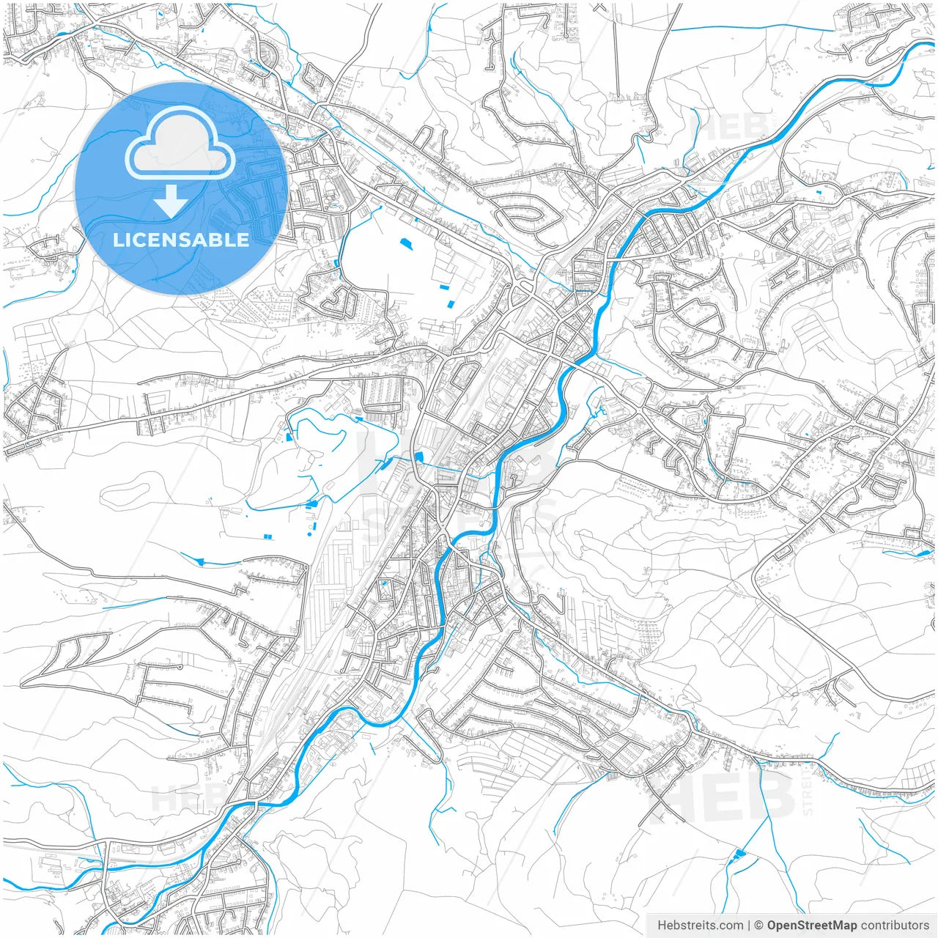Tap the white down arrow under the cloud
[171, 202]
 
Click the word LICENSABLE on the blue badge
[181, 240]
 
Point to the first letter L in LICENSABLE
[117, 240]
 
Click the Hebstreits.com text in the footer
[701, 926]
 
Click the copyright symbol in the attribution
[759, 926]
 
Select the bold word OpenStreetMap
[812, 926]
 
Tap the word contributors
[895, 926]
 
